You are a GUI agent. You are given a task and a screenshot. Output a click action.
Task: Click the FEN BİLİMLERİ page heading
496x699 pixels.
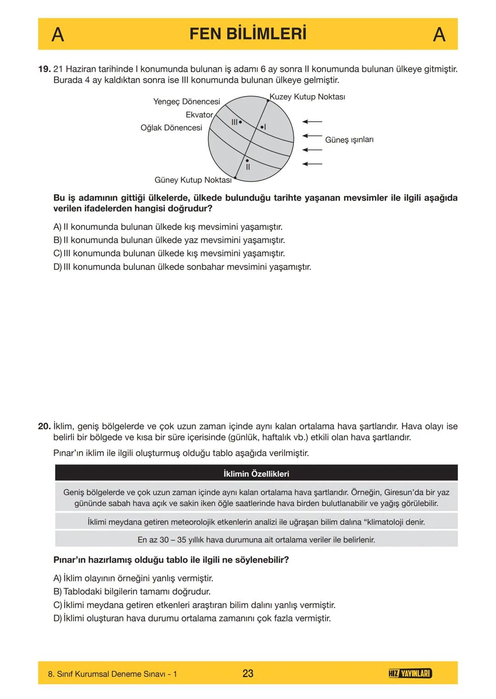(x=248, y=34)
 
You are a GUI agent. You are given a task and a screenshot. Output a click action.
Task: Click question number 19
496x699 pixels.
(x=44, y=69)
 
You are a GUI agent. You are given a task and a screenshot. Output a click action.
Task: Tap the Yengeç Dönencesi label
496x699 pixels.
(x=186, y=101)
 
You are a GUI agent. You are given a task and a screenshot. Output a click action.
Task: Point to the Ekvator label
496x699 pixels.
(x=199, y=115)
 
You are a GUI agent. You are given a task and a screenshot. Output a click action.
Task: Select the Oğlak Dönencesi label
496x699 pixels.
(x=171, y=128)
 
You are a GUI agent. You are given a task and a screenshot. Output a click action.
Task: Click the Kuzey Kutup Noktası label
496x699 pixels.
(x=307, y=97)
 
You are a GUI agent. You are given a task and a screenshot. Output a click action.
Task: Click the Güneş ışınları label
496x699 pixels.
(x=349, y=140)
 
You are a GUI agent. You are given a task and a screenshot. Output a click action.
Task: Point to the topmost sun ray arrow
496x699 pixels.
(x=312, y=122)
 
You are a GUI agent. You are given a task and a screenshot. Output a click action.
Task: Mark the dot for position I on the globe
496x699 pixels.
(x=261, y=127)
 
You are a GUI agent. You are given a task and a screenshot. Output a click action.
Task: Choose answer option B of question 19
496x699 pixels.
(x=169, y=240)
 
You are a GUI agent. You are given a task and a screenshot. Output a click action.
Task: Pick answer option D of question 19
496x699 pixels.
(x=182, y=267)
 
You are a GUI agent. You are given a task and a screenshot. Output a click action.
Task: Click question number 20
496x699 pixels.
(x=44, y=426)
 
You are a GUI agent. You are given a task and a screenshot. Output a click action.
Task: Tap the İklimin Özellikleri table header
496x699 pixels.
(x=256, y=474)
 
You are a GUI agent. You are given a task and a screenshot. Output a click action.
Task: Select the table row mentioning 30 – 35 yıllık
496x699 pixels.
(x=256, y=540)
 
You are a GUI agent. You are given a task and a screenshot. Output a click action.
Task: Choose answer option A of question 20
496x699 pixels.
(x=133, y=578)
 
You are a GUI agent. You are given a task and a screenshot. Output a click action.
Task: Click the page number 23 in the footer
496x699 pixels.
(x=248, y=673)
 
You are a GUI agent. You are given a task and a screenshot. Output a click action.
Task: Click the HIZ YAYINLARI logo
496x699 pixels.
(x=410, y=673)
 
